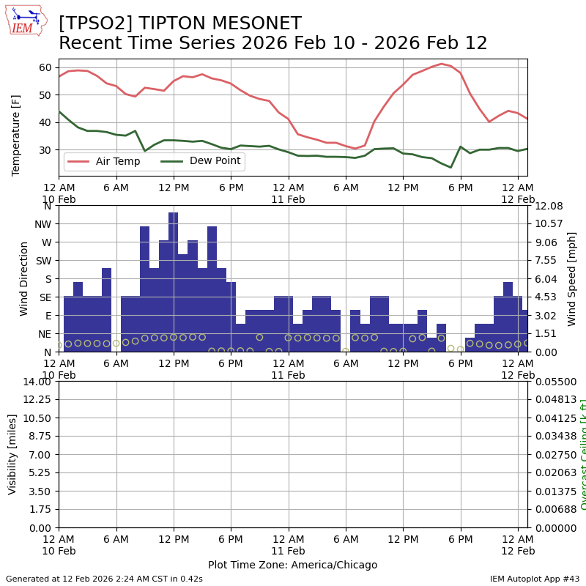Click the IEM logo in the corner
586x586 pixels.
(x=26, y=20)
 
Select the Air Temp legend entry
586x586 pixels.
(x=118, y=161)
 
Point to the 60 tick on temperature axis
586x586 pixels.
(x=45, y=67)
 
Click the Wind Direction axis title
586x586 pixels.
(x=24, y=278)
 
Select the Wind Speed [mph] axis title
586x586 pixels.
(x=572, y=278)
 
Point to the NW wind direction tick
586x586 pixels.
(x=42, y=224)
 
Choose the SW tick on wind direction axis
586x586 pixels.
(x=43, y=261)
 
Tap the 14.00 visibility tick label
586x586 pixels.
(x=37, y=382)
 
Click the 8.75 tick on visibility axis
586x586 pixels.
(x=40, y=437)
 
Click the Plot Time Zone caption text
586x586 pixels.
(x=292, y=565)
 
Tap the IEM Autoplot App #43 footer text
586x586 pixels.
(x=535, y=579)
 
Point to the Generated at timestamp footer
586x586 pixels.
(x=104, y=579)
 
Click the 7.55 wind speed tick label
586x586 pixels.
(x=546, y=261)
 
